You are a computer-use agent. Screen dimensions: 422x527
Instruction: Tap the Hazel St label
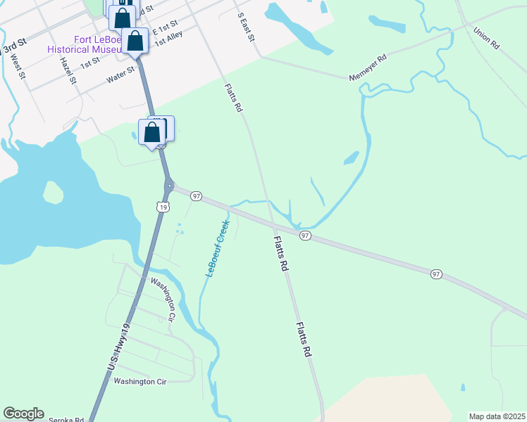pos(68,70)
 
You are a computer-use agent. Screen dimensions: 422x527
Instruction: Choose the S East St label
pos(245,26)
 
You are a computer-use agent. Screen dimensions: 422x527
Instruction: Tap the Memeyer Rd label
pos(368,68)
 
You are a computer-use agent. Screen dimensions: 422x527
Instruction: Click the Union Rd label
pos(487,37)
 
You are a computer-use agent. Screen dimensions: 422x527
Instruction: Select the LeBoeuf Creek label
pos(218,248)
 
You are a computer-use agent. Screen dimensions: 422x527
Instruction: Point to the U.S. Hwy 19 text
pos(120,347)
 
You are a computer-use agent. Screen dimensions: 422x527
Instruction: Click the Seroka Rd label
pos(66,420)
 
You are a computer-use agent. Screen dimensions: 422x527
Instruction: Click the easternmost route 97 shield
pos(436,273)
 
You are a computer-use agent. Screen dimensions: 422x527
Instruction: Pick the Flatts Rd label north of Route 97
pos(234,98)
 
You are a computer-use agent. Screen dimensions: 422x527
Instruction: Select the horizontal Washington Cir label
pos(139,381)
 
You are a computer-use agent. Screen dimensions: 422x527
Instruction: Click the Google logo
pos(23,414)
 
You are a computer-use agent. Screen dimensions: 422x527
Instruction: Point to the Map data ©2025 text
pos(497,416)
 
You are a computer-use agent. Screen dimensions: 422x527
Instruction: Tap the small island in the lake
pos(53,191)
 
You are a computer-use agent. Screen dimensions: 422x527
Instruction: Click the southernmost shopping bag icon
pos(151,132)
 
